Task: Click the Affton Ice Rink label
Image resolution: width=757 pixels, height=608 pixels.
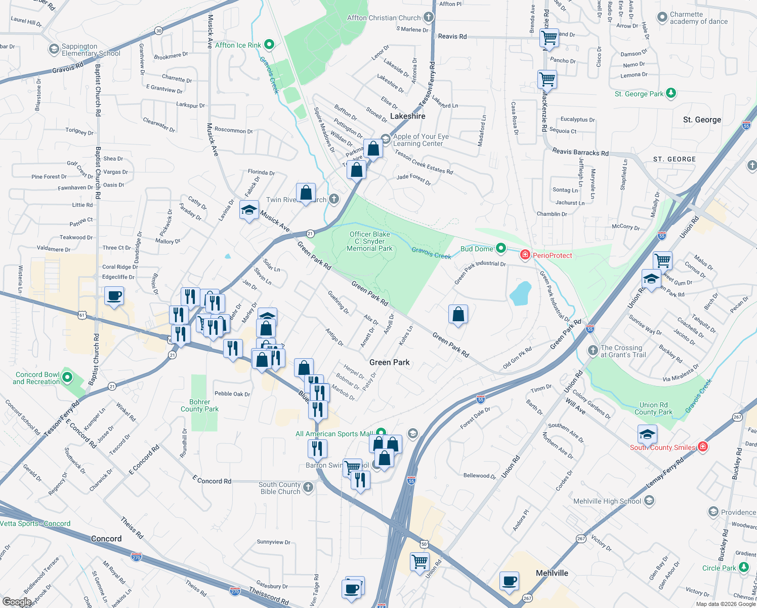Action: tap(238, 45)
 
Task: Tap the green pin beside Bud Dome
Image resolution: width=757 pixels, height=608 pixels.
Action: tap(501, 248)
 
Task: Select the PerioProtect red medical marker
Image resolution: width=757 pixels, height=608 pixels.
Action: tap(525, 255)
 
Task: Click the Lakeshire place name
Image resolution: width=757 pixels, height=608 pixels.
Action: tap(407, 116)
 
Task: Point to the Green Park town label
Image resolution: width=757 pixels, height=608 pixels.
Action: tap(390, 362)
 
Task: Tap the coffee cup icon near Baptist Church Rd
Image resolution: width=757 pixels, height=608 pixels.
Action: tap(114, 296)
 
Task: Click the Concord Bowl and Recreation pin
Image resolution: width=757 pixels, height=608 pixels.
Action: tap(67, 377)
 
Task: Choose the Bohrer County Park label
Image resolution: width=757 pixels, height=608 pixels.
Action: tap(200, 405)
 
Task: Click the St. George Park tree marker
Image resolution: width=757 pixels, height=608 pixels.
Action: tap(671, 93)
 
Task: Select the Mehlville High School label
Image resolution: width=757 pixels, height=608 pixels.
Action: tap(607, 501)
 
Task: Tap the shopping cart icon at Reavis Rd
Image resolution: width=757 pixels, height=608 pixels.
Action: tap(549, 37)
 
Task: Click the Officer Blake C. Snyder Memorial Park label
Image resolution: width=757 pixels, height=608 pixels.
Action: tap(370, 241)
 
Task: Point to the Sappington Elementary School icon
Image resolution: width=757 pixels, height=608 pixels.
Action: tap(54, 49)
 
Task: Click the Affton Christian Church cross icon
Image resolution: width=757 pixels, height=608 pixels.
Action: tap(429, 17)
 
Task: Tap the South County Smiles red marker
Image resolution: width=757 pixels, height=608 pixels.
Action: tap(702, 446)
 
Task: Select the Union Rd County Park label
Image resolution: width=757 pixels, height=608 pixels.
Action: tap(653, 408)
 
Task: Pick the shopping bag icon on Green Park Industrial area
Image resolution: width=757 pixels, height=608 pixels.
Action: tap(458, 315)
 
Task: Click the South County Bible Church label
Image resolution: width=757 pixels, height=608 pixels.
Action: tap(280, 488)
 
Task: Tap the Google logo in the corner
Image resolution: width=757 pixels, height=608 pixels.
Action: tap(17, 602)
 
